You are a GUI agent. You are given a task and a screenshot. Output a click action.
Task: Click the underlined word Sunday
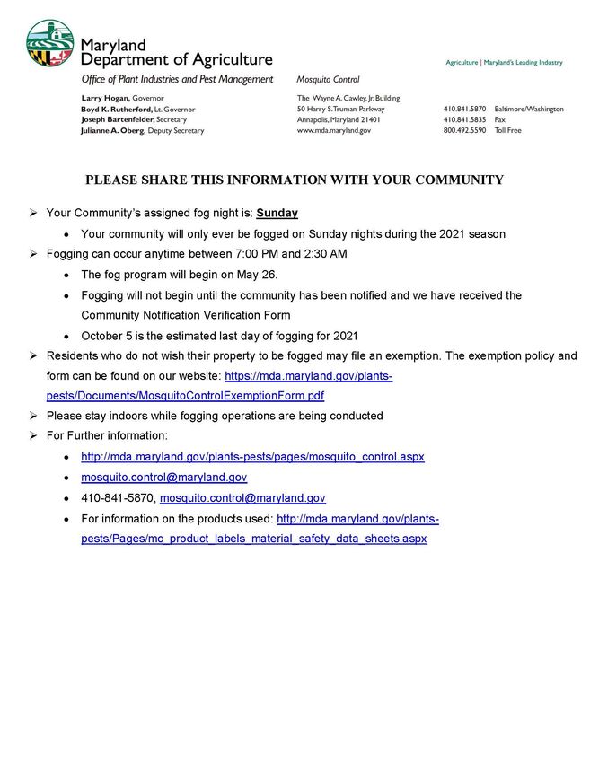(277, 214)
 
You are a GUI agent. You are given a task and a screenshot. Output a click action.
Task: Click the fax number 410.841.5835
(463, 119)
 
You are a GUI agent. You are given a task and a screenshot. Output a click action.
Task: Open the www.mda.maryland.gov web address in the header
(333, 130)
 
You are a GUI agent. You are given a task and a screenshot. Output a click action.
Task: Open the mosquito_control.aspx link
(252, 457)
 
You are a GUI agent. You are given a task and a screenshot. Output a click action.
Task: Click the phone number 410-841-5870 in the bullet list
(118, 498)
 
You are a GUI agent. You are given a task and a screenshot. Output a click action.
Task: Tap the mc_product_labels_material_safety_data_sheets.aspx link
(254, 539)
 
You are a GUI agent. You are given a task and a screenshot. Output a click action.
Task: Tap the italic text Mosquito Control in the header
(328, 80)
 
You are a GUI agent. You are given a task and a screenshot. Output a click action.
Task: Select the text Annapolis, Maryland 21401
(339, 119)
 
